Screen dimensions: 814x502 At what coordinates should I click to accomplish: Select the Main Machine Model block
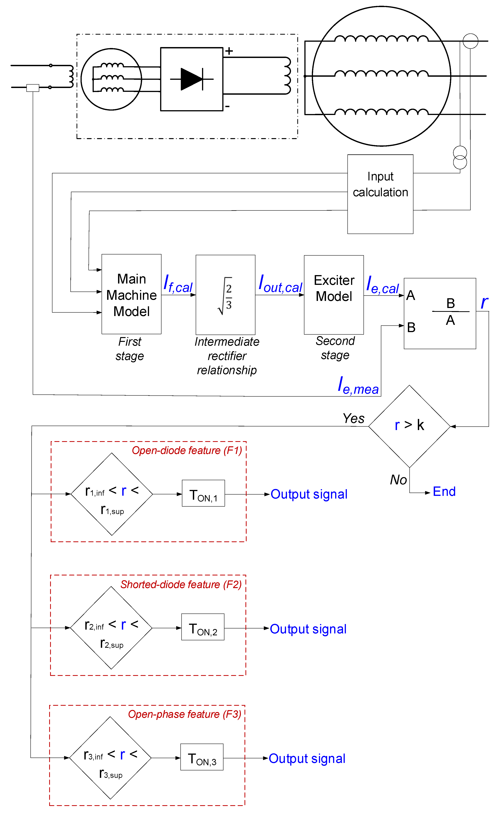tap(131, 294)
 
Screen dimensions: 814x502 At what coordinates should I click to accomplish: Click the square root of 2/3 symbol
tap(225, 295)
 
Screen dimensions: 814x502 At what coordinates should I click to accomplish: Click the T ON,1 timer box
tap(203, 493)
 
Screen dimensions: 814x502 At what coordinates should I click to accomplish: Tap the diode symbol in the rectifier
tap(192, 79)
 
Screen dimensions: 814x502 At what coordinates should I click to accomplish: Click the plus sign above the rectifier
tap(229, 51)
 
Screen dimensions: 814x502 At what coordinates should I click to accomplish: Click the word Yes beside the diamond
tap(354, 419)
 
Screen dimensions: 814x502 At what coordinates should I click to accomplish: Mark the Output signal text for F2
tap(308, 629)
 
